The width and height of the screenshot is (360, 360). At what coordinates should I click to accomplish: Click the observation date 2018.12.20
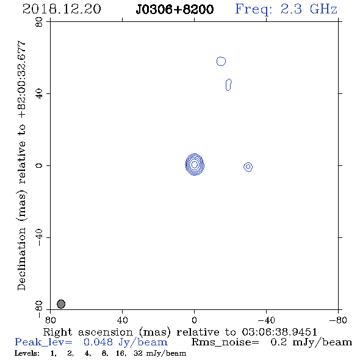pyautogui.click(x=62, y=9)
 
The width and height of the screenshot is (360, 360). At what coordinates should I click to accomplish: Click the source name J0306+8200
pyautogui.click(x=175, y=9)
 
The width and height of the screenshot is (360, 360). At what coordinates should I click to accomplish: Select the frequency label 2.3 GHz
pyautogui.click(x=309, y=9)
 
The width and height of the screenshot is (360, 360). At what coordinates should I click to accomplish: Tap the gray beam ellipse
pyautogui.click(x=61, y=304)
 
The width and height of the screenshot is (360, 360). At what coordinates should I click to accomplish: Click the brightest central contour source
pyautogui.click(x=195, y=164)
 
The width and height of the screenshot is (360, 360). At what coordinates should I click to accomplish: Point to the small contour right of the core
pyautogui.click(x=248, y=167)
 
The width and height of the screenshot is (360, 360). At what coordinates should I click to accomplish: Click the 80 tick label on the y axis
pyautogui.click(x=39, y=22)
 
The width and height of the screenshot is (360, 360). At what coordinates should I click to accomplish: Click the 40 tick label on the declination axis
pyautogui.click(x=39, y=94)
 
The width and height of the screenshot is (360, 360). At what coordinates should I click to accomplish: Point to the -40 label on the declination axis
pyautogui.click(x=39, y=237)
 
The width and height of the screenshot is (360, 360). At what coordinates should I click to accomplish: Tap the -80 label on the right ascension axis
pyautogui.click(x=338, y=320)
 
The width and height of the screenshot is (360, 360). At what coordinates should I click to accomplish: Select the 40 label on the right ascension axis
pyautogui.click(x=122, y=320)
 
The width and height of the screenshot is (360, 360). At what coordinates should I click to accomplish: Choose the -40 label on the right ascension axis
pyautogui.click(x=266, y=320)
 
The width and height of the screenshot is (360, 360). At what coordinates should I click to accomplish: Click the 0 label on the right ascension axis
pyautogui.click(x=194, y=320)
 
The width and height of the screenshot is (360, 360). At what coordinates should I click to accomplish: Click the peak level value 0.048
pyautogui.click(x=98, y=342)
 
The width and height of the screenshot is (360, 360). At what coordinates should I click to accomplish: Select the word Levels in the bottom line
pyautogui.click(x=27, y=353)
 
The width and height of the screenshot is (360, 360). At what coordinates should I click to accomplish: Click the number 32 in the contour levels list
pyautogui.click(x=139, y=353)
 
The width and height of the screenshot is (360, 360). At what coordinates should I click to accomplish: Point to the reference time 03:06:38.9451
pyautogui.click(x=279, y=332)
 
